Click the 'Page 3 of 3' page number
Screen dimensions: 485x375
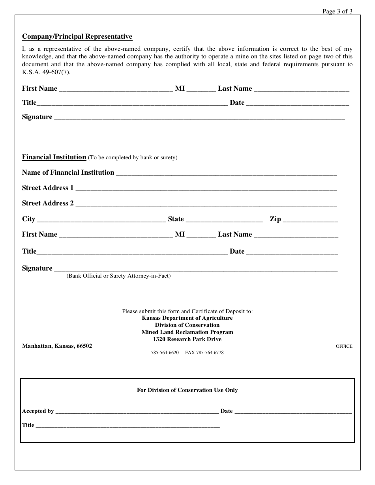[x=337, y=11]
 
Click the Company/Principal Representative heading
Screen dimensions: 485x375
[x=77, y=37]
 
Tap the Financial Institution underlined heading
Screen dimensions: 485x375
[x=54, y=157]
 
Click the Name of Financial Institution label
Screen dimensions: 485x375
[x=68, y=172]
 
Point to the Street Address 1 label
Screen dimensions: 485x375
[x=48, y=188]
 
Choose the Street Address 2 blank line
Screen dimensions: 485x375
[x=206, y=205]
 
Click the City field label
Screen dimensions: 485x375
[x=28, y=219]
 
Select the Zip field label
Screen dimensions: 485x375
[x=275, y=219]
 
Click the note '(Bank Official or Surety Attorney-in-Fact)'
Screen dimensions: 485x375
[x=118, y=276]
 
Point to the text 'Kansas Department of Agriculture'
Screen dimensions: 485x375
[x=187, y=318]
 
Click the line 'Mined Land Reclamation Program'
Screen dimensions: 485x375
[x=187, y=332]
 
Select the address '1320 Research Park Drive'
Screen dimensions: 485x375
[x=187, y=339]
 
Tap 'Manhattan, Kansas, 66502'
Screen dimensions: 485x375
[x=57, y=346]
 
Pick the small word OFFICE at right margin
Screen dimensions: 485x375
[x=344, y=346]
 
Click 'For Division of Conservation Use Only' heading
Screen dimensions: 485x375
[x=187, y=390]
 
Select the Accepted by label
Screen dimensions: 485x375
[x=38, y=411]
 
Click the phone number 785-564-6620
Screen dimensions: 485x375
[x=165, y=353]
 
